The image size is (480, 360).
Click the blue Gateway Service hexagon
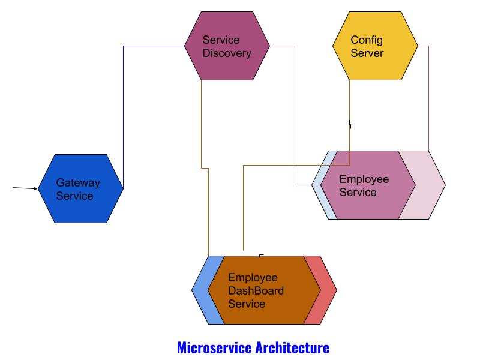[x=80, y=188]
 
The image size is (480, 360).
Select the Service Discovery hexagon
[x=227, y=46]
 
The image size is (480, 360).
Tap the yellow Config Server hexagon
[x=375, y=46]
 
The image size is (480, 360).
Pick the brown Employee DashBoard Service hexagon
[x=264, y=290]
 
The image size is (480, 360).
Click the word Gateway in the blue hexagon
[x=78, y=182]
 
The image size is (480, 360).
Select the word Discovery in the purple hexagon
[x=227, y=53]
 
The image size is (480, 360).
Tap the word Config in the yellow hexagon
[x=366, y=40]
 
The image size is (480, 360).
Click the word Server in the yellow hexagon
[x=367, y=53]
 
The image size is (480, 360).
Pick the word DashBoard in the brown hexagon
[x=256, y=291]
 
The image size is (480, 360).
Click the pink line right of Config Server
[x=428, y=96]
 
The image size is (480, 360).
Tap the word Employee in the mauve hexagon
[x=364, y=179]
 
